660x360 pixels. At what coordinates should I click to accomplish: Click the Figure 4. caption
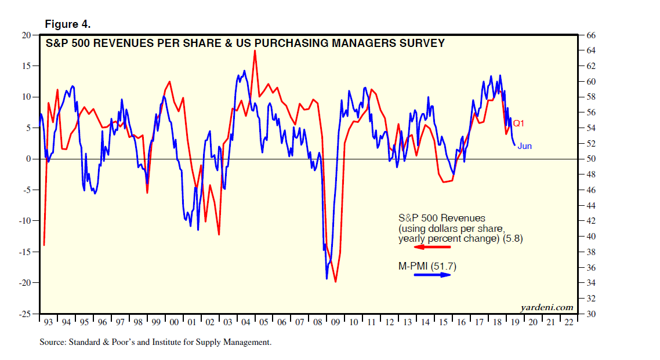click(x=67, y=24)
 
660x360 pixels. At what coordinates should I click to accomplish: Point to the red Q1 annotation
click(x=518, y=123)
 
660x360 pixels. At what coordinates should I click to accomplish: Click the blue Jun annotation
click(x=524, y=146)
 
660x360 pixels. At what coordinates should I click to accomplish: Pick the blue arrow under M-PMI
click(x=432, y=275)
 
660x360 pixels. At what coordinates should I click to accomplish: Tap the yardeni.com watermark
click(x=546, y=307)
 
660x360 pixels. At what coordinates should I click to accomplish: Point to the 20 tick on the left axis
click(x=27, y=35)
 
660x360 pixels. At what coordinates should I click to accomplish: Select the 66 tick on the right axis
click(x=591, y=35)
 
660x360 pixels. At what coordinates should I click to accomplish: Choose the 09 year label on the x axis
click(x=335, y=322)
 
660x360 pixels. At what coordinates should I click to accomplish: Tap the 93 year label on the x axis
click(x=48, y=322)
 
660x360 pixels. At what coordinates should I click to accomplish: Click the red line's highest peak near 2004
click(x=255, y=50)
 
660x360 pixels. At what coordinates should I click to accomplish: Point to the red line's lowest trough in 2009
click(x=336, y=282)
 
